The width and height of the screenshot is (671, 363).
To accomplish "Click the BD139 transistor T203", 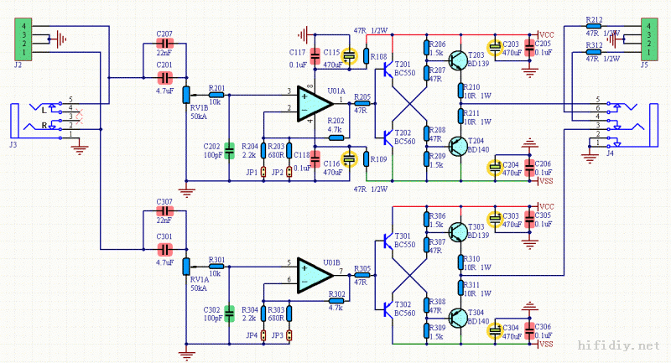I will pos(459,60).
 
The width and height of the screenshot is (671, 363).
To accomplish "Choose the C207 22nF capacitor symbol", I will pos(165,43).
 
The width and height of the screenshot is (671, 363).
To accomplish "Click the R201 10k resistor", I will pos(216,93).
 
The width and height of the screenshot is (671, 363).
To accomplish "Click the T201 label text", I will pos(403,65).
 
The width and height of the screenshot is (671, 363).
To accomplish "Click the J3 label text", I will pos(13,143).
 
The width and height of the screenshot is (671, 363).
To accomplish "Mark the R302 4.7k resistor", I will pos(336,299).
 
